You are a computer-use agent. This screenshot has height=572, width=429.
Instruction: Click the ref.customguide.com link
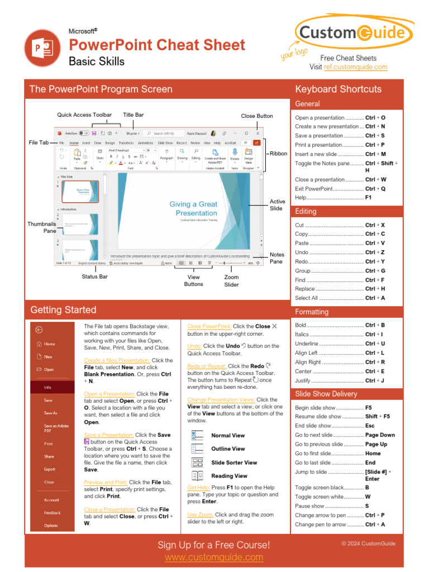(x=355, y=67)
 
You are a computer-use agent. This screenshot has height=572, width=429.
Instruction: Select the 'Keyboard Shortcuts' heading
(x=338, y=89)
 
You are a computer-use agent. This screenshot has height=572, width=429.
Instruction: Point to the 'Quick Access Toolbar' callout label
(x=84, y=115)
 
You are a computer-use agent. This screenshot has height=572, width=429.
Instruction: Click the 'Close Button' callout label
(x=257, y=116)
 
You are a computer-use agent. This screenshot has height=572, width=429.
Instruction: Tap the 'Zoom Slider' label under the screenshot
(x=231, y=281)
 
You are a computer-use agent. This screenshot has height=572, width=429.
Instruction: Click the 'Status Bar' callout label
(x=95, y=277)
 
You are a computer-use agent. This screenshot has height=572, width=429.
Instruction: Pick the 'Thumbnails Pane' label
(x=42, y=227)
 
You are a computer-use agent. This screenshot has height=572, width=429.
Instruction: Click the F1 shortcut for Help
(x=368, y=198)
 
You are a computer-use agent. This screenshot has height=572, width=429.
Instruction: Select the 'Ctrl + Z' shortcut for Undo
(x=375, y=252)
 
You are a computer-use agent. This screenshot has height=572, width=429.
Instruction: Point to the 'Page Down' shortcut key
(x=380, y=435)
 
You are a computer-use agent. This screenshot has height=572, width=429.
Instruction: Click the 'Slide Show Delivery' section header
(x=326, y=394)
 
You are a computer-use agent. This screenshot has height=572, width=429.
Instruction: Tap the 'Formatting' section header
(x=312, y=312)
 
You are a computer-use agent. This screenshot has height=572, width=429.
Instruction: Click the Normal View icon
(x=197, y=435)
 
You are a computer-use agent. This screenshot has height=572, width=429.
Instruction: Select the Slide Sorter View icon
(x=197, y=463)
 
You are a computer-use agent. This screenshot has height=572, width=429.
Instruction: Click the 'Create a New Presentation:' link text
(x=117, y=360)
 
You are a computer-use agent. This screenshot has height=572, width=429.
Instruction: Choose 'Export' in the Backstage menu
(x=50, y=469)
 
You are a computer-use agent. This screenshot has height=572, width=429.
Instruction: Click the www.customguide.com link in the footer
(x=214, y=557)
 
